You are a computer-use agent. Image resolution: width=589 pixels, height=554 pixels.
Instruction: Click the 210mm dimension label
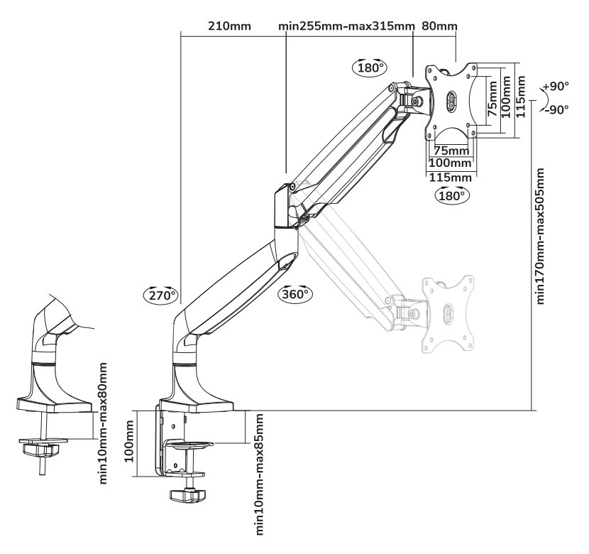[x=230, y=27]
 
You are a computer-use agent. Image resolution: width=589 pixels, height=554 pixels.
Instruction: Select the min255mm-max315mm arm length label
[x=346, y=27]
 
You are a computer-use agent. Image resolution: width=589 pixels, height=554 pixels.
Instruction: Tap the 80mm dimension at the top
[x=439, y=27]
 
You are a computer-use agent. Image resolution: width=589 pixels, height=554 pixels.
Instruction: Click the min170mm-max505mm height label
[x=543, y=236]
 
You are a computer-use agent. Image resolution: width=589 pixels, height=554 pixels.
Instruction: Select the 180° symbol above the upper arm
[x=370, y=68]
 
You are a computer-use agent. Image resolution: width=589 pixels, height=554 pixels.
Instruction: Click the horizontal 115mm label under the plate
[x=451, y=177]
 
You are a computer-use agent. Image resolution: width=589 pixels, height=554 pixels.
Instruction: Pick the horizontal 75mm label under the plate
[x=451, y=151]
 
